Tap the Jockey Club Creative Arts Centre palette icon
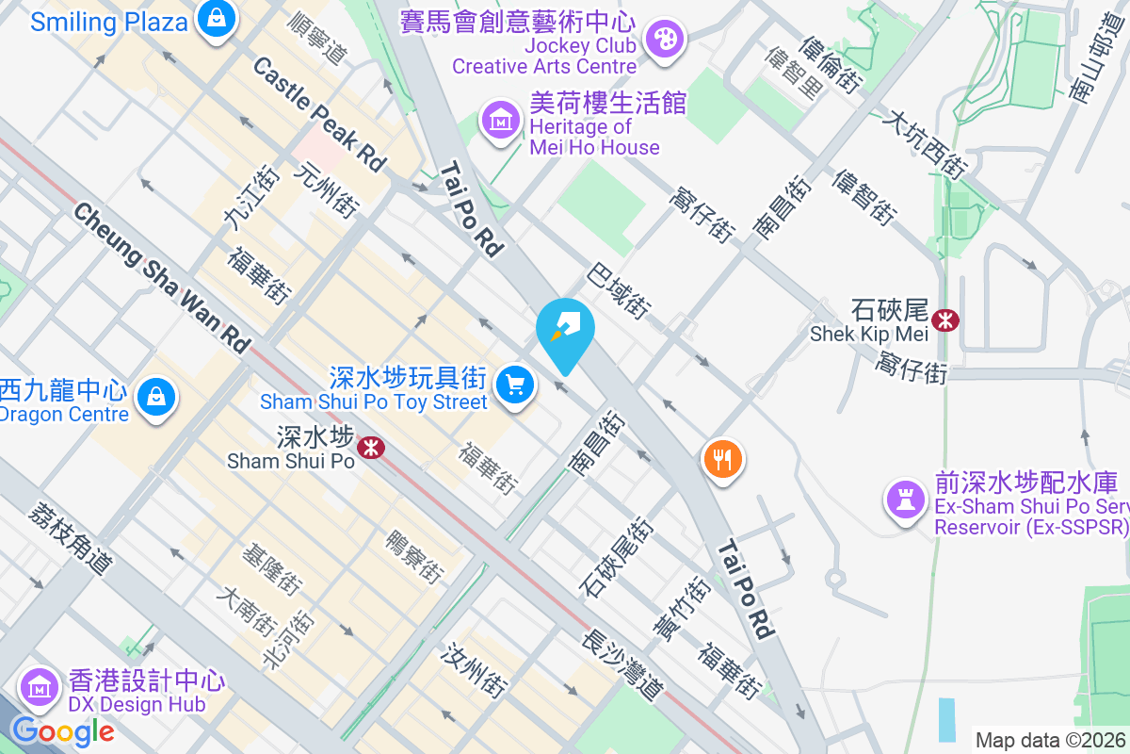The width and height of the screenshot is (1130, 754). point(665,40)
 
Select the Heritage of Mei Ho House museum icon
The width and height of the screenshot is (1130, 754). point(500,120)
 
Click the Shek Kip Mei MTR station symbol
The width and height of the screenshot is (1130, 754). point(944,321)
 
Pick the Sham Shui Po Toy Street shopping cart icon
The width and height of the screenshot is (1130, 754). point(514,385)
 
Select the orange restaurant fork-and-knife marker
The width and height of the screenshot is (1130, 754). point(722,460)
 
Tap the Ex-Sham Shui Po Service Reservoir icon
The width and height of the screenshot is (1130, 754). point(906,500)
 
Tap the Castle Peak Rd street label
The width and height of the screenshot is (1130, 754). point(320,114)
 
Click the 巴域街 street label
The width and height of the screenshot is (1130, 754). point(619,291)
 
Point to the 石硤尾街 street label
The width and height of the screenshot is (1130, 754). point(618,556)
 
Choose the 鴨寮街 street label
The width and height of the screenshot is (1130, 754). point(414,555)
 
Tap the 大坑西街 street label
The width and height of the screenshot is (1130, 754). point(926,145)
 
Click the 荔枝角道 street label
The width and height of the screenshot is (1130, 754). point(71,538)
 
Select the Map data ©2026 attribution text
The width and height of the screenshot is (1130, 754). point(1050,740)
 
